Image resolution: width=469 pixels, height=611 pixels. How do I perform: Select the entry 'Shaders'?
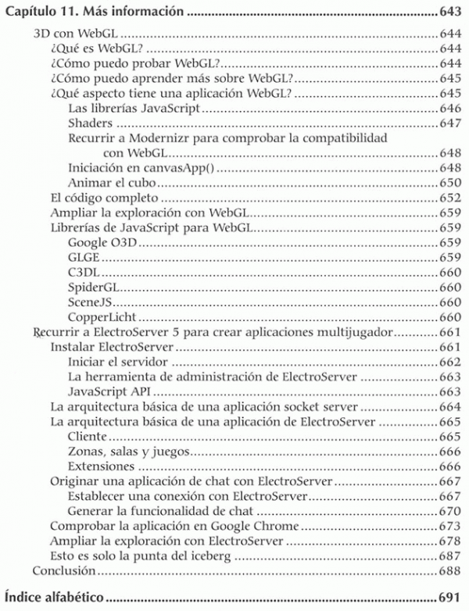pos(91,123)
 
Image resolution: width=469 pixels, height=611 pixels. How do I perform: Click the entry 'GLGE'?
pos(84,258)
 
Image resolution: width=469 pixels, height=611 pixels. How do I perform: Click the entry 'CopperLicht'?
pos(102,317)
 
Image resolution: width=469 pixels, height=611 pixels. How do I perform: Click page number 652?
pos(449,198)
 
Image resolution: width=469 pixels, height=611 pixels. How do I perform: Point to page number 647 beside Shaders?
pos(449,123)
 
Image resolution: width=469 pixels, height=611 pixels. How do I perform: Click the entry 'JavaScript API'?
pos(105,392)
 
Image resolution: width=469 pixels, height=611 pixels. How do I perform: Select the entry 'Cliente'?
pos(88,437)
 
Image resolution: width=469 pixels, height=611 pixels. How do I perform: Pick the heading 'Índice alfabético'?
pos(54,598)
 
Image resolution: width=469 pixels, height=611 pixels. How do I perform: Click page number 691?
pos(449,598)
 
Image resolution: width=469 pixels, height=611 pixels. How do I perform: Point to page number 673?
pos(449,527)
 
